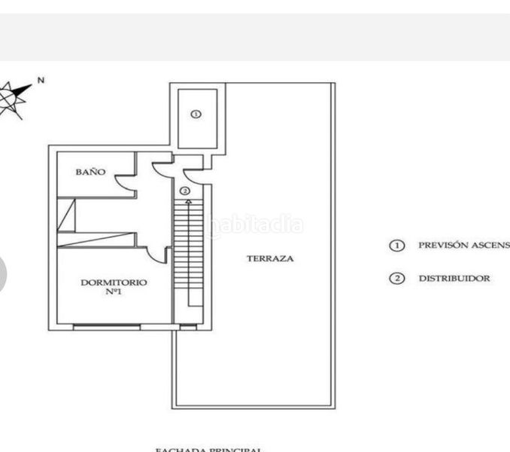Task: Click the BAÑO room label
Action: click(90, 172)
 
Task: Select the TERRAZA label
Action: click(270, 258)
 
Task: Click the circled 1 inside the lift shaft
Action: click(196, 115)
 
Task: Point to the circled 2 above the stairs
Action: click(184, 191)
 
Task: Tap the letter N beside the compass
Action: click(41, 80)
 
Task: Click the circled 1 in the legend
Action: click(396, 246)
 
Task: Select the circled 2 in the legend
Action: click(396, 279)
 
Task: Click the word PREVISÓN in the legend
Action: click(442, 246)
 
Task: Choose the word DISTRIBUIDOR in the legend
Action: click(454, 279)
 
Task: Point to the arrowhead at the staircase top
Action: click(187, 202)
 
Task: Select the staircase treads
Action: click(189, 249)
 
